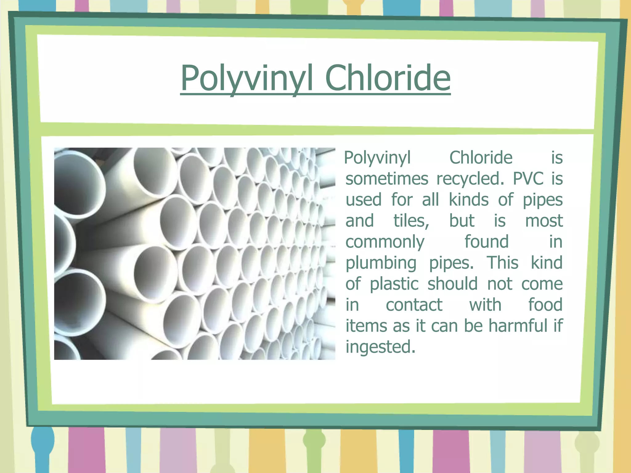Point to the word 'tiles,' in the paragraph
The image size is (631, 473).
pos(411,221)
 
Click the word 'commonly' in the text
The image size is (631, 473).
pos(385,242)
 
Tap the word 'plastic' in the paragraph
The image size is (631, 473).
pos(394,284)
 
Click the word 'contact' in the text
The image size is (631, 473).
pos(414,305)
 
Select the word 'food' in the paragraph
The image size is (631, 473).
pos(545,305)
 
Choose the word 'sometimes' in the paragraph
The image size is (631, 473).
pos(387,179)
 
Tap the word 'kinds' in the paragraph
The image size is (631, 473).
pos(468,200)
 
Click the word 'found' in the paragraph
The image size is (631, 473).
pos(486,242)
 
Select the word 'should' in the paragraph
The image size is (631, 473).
pos(452,284)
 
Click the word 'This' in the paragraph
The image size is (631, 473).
pos(503,263)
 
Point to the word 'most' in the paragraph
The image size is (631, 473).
pos(544,221)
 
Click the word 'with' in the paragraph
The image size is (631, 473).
pos(485,305)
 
